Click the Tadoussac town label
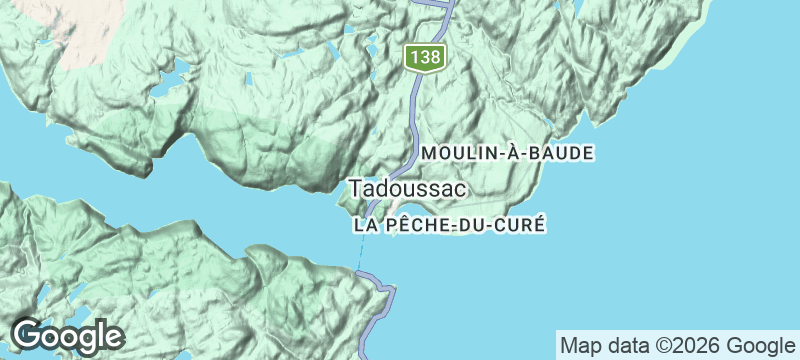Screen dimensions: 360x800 click(x=397, y=187)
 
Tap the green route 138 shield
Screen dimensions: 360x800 click(x=424, y=58)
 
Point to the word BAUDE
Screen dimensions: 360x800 click(x=564, y=153)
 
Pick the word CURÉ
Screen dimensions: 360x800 click(x=521, y=225)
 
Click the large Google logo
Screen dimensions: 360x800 click(x=67, y=335)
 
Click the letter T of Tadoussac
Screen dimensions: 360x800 click(x=355, y=187)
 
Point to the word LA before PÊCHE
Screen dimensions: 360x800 click(x=365, y=225)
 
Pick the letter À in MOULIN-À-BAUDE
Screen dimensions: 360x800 click(x=499, y=152)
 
